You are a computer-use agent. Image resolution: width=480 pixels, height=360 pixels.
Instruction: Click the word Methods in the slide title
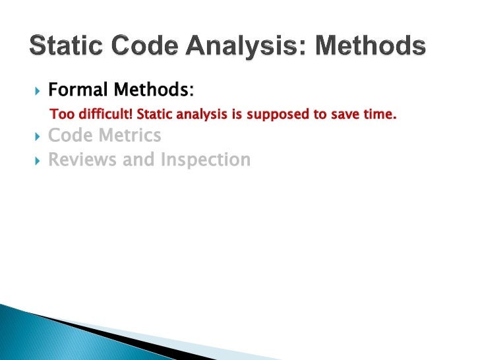[379, 46]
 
